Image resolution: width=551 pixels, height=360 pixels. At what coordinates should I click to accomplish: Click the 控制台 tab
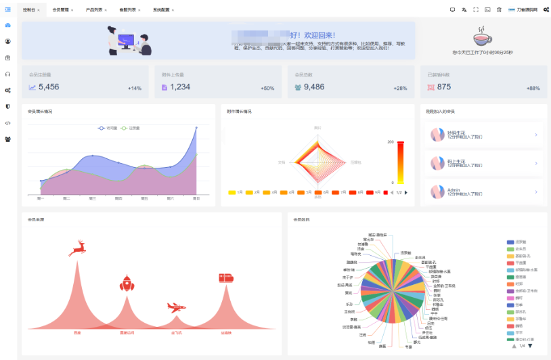(x=29, y=10)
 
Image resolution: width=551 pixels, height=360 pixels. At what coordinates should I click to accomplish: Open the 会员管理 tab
(x=60, y=10)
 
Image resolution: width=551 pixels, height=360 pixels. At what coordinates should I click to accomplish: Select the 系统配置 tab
(x=162, y=10)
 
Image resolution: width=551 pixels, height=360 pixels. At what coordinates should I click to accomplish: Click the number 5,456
(x=49, y=87)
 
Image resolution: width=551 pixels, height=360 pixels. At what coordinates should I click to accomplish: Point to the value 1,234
(x=180, y=87)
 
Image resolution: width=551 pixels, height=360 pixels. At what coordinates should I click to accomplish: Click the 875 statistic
(x=443, y=87)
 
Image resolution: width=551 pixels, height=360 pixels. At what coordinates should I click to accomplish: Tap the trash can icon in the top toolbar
(x=499, y=9)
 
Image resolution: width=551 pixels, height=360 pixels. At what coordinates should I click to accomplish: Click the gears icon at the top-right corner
(x=546, y=9)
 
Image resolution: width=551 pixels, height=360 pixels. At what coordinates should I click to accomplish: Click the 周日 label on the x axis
(x=196, y=198)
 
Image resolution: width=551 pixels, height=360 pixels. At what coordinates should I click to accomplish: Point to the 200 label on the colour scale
(x=391, y=142)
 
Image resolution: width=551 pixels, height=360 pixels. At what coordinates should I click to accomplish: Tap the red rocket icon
(x=127, y=283)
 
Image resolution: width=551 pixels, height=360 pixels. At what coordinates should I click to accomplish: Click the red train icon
(x=226, y=277)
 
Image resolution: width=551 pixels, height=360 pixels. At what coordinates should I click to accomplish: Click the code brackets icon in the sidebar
(x=7, y=123)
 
